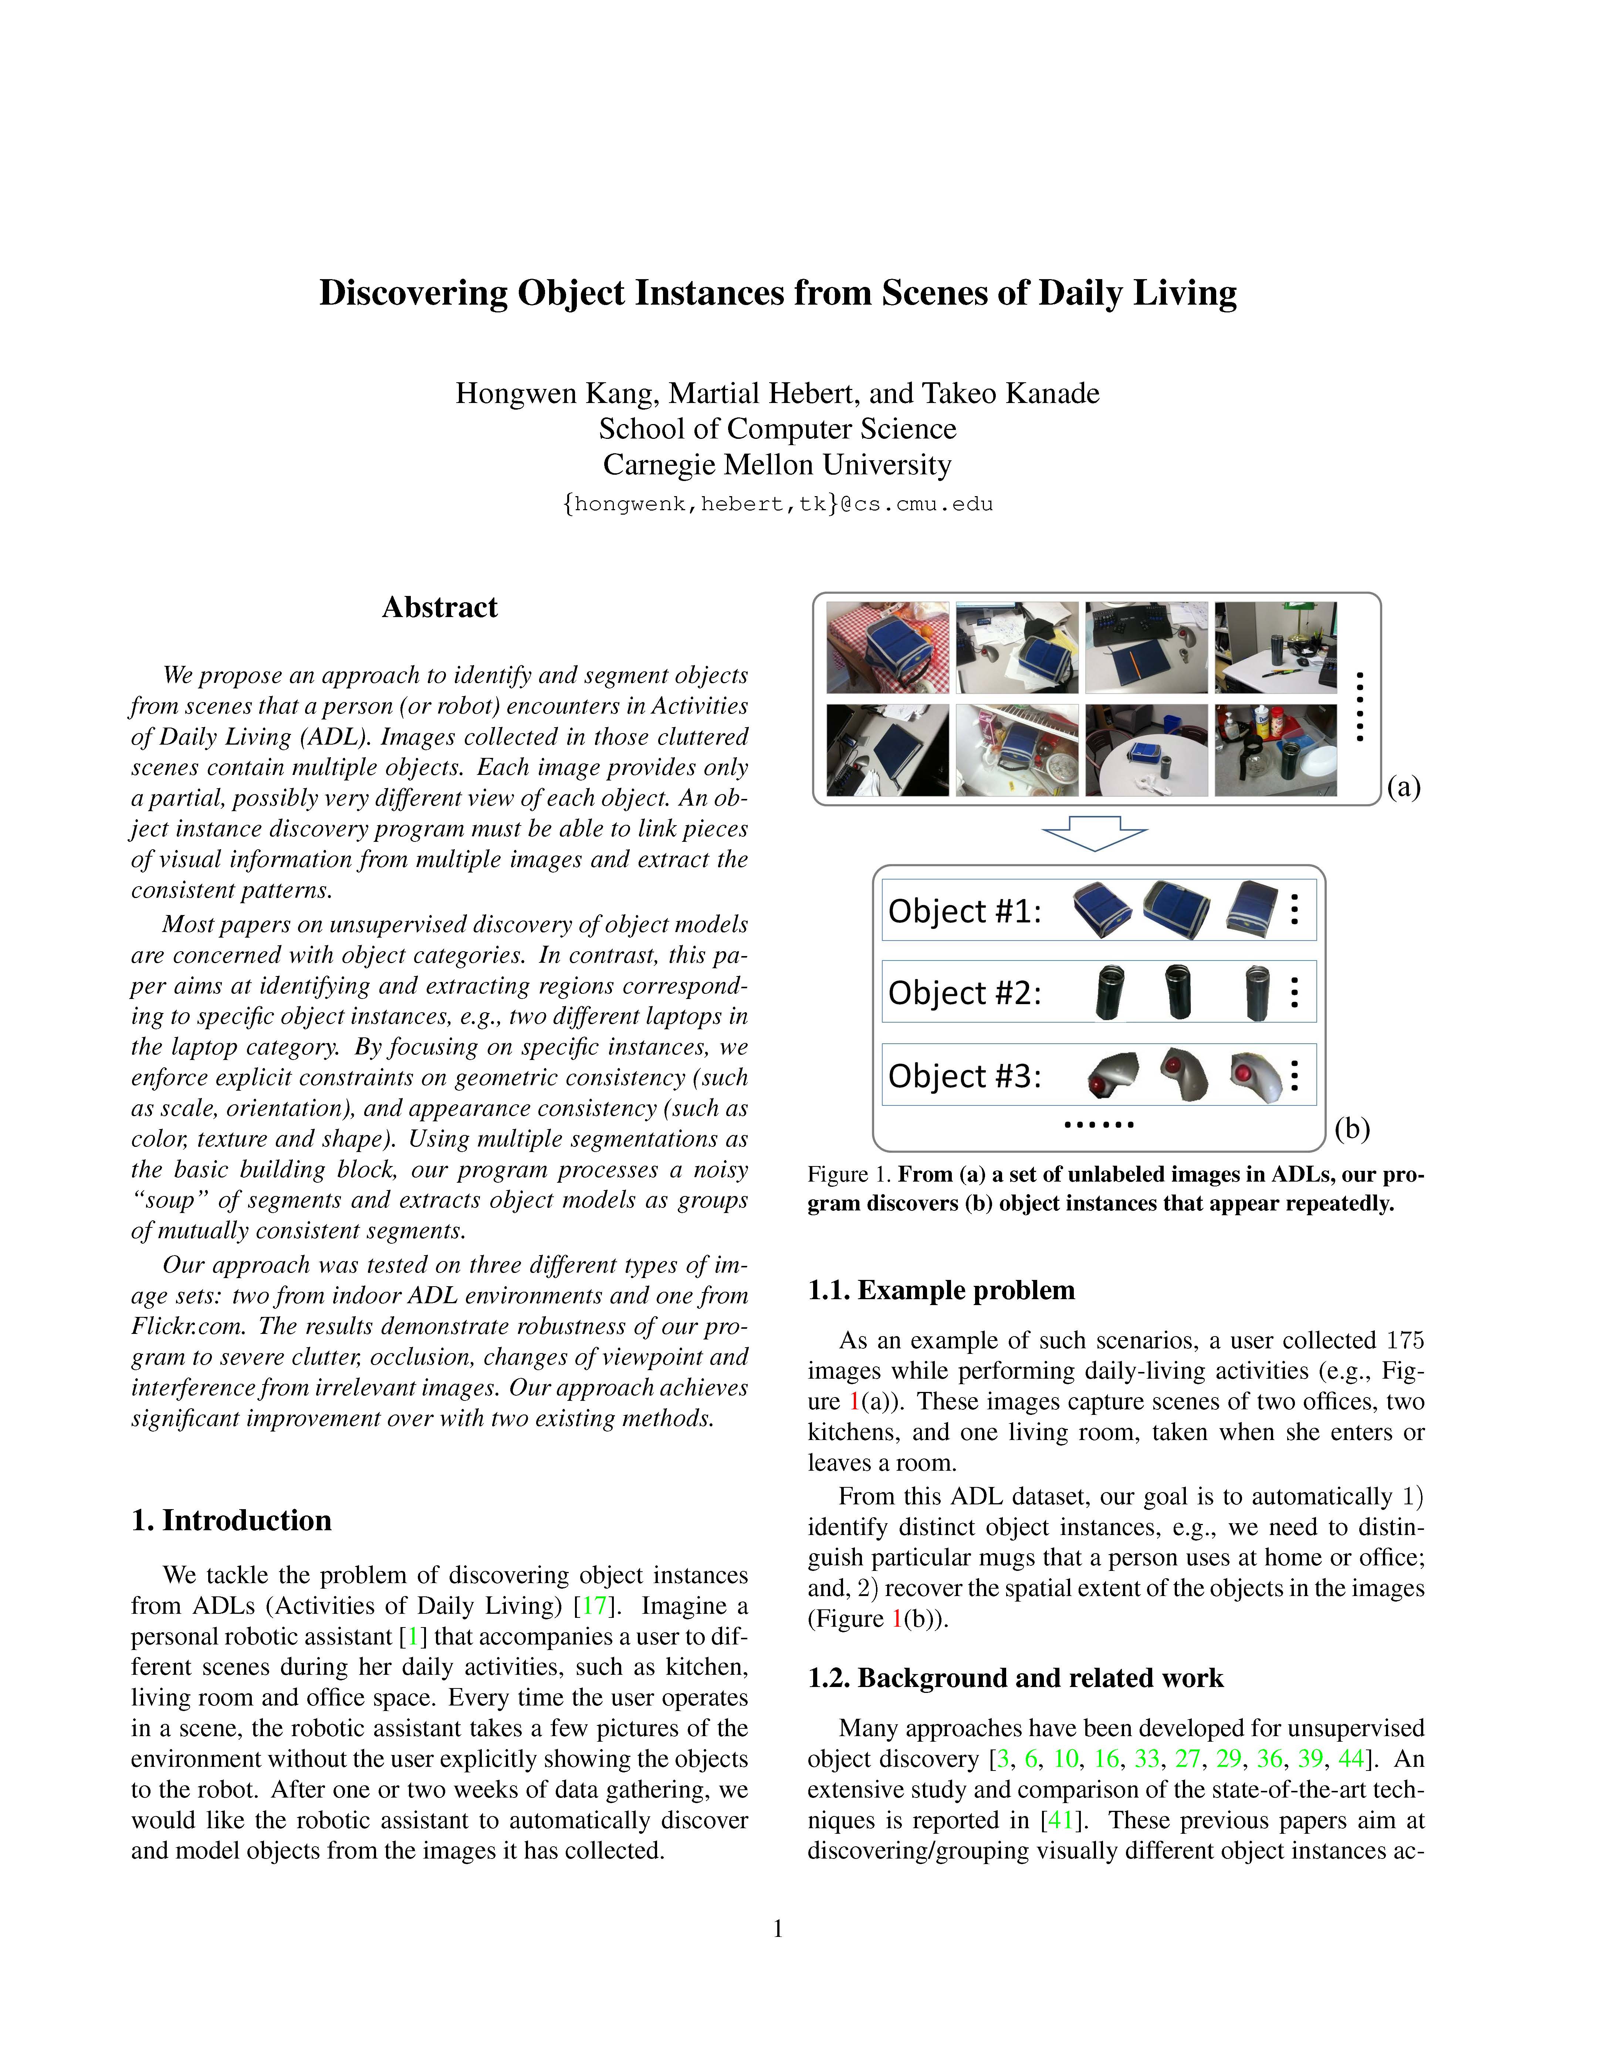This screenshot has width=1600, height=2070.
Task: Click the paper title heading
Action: pos(777,293)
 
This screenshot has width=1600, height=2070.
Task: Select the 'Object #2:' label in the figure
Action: pos(964,993)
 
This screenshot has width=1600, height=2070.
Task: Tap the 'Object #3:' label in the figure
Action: pos(964,1077)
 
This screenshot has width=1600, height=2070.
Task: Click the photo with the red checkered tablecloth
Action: pos(887,647)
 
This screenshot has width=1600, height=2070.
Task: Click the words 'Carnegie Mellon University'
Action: pos(777,464)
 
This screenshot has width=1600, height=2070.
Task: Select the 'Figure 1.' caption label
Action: pos(849,1174)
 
